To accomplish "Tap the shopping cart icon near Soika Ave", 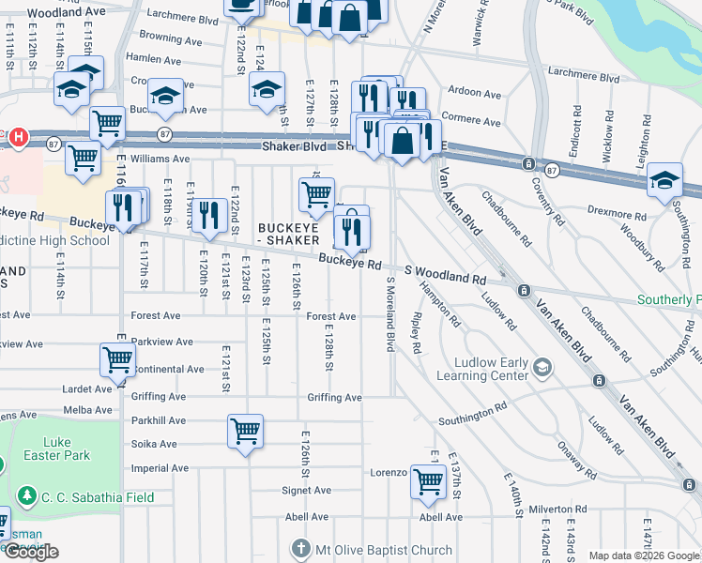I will [x=245, y=432].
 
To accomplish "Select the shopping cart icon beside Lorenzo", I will [x=429, y=481].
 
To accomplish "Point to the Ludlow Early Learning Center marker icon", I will [x=542, y=366].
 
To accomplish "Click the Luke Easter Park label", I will [x=69, y=449].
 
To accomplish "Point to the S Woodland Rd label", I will [x=445, y=275].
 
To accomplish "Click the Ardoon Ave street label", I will [x=475, y=94].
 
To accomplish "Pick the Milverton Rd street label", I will [x=557, y=509].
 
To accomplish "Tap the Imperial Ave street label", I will [x=154, y=467].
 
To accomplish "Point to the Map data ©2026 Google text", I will [x=644, y=555].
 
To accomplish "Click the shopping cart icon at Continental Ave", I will [x=117, y=360].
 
